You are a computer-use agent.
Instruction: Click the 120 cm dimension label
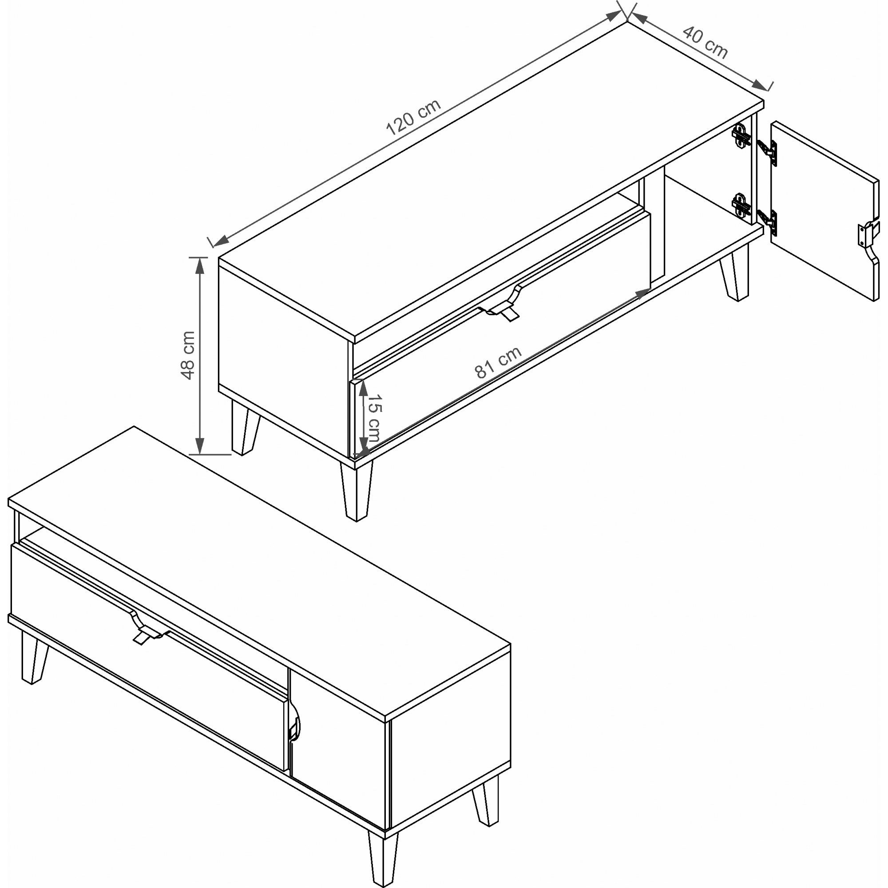coord(413,117)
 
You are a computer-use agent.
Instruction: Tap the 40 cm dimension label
coord(705,43)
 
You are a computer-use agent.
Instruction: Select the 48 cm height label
coord(188,355)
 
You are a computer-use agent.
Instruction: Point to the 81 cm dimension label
coord(498,362)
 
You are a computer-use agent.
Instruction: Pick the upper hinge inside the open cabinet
coord(740,136)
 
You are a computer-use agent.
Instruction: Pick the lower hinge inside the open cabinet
coord(740,205)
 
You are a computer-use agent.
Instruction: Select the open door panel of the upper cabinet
coord(825,211)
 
